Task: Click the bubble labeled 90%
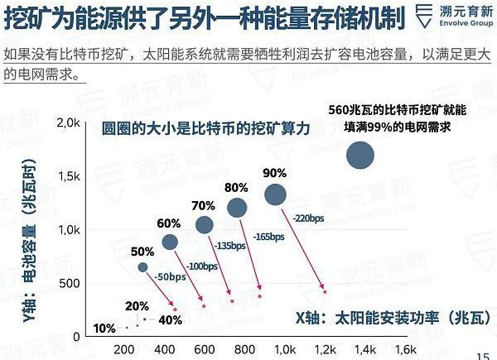coord(275,194)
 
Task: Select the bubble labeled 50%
coord(142,266)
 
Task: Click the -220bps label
coord(309,217)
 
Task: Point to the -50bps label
coord(170,276)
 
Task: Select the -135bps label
coord(231,247)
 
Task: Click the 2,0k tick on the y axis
coord(67,123)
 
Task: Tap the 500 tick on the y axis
coord(70,283)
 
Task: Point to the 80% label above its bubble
coord(236,187)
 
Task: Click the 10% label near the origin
coord(104,329)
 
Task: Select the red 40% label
coord(170,320)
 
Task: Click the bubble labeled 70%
coord(205,224)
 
